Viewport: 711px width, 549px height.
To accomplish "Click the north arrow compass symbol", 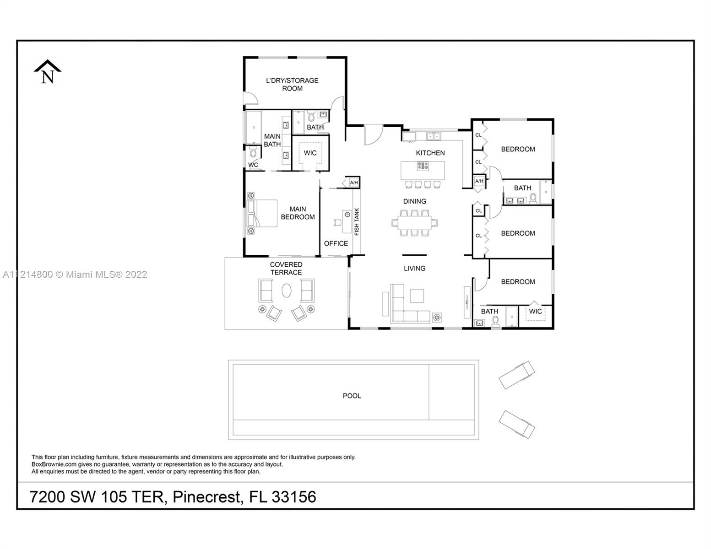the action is click(48, 72).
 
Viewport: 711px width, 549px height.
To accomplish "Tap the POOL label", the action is click(352, 396).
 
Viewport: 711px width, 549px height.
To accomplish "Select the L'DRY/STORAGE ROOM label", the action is click(292, 84).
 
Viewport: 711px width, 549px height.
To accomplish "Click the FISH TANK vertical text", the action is click(357, 221).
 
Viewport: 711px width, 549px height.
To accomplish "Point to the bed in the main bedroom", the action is click(262, 213).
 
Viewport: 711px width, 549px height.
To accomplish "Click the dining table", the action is click(414, 223).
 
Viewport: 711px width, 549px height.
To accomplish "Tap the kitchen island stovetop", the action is click(423, 166).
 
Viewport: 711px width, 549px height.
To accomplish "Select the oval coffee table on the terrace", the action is click(287, 290).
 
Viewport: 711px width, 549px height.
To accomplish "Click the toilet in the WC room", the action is click(253, 152).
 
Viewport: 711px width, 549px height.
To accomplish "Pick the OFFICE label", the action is click(336, 243).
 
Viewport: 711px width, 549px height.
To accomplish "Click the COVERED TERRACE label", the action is click(286, 269).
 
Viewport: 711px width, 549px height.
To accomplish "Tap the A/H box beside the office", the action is click(354, 183).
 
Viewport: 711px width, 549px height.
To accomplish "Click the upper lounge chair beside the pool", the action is click(516, 375).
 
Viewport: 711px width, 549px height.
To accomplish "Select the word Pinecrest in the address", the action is click(207, 497).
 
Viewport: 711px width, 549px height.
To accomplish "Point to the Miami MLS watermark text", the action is click(75, 274).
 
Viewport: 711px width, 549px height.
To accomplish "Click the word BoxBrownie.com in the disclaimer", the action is click(54, 464).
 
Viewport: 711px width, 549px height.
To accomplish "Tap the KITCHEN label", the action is click(430, 153).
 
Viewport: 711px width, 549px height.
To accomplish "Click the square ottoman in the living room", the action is click(417, 296).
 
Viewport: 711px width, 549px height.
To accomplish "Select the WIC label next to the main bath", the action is click(310, 153).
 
